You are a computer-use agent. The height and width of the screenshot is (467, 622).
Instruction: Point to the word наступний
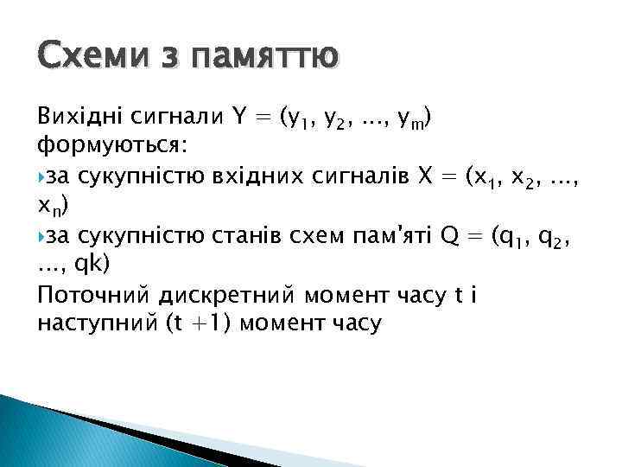95,324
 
